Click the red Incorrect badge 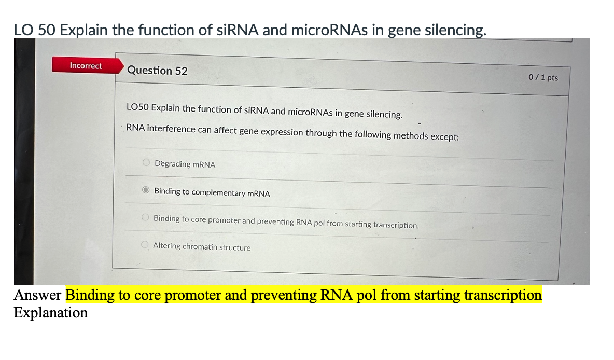click(x=86, y=66)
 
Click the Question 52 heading click(x=157, y=71)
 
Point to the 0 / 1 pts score click(x=543, y=77)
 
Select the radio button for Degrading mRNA click(x=147, y=163)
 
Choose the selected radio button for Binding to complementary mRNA click(x=146, y=190)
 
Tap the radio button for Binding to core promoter click(x=146, y=218)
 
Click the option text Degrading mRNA click(x=185, y=164)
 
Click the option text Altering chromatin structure click(x=202, y=247)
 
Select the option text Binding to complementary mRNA click(x=212, y=192)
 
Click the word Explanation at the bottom click(x=50, y=313)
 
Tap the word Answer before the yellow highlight click(x=37, y=295)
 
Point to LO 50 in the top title click(x=34, y=30)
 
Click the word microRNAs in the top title click(x=329, y=30)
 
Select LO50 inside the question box click(x=137, y=107)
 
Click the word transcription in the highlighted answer click(x=503, y=295)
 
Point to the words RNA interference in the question click(x=161, y=128)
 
